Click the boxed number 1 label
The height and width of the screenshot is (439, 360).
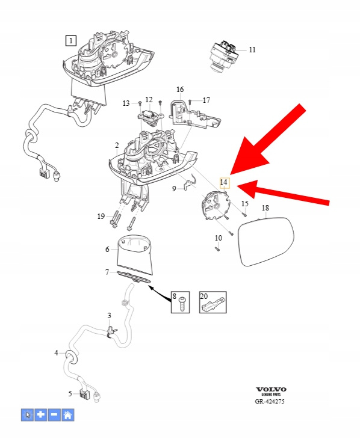tap(71, 41)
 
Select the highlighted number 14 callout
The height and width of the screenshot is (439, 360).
tap(224, 183)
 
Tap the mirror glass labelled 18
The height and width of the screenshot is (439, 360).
tap(266, 241)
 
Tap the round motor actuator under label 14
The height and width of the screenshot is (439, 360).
tap(216, 204)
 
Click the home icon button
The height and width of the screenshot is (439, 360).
tap(68, 414)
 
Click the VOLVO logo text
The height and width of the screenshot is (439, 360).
tap(271, 390)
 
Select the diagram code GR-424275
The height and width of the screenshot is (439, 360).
tap(270, 401)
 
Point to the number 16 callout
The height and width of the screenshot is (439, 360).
tap(180, 90)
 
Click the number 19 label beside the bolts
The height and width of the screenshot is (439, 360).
tap(101, 216)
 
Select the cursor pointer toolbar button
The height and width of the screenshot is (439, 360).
tap(28, 414)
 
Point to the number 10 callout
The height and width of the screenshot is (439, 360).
tap(219, 238)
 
